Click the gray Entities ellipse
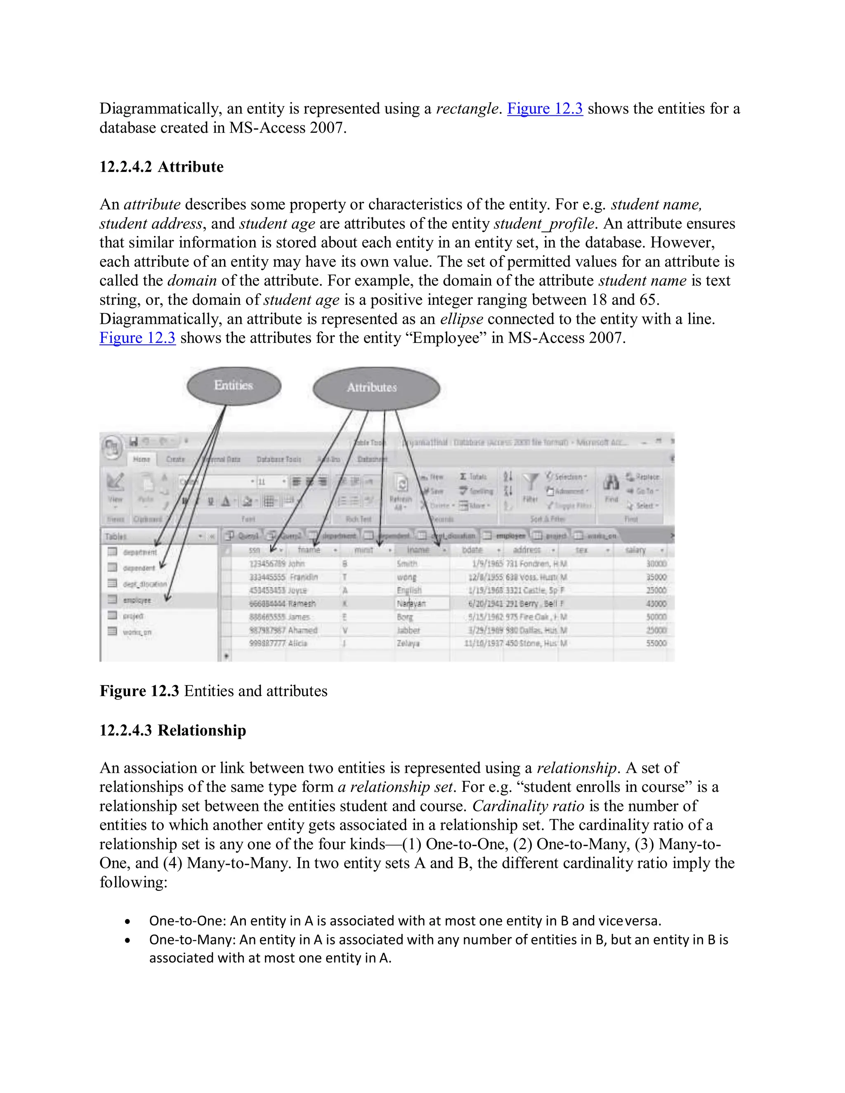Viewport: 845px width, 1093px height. click(x=234, y=386)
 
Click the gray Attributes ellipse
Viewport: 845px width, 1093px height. click(x=376, y=388)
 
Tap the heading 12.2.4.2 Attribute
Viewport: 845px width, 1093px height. click(x=161, y=167)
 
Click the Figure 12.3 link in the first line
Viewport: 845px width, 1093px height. click(x=545, y=108)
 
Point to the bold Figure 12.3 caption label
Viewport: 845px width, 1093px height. click(x=139, y=691)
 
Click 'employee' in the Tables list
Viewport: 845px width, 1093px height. click(x=136, y=600)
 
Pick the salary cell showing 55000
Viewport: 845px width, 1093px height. click(x=656, y=643)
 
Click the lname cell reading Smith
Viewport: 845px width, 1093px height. click(x=407, y=564)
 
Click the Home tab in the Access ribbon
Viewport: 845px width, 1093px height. click(x=142, y=459)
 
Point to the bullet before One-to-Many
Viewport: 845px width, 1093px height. click(x=128, y=940)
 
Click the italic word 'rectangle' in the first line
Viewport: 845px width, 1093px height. click(x=467, y=108)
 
